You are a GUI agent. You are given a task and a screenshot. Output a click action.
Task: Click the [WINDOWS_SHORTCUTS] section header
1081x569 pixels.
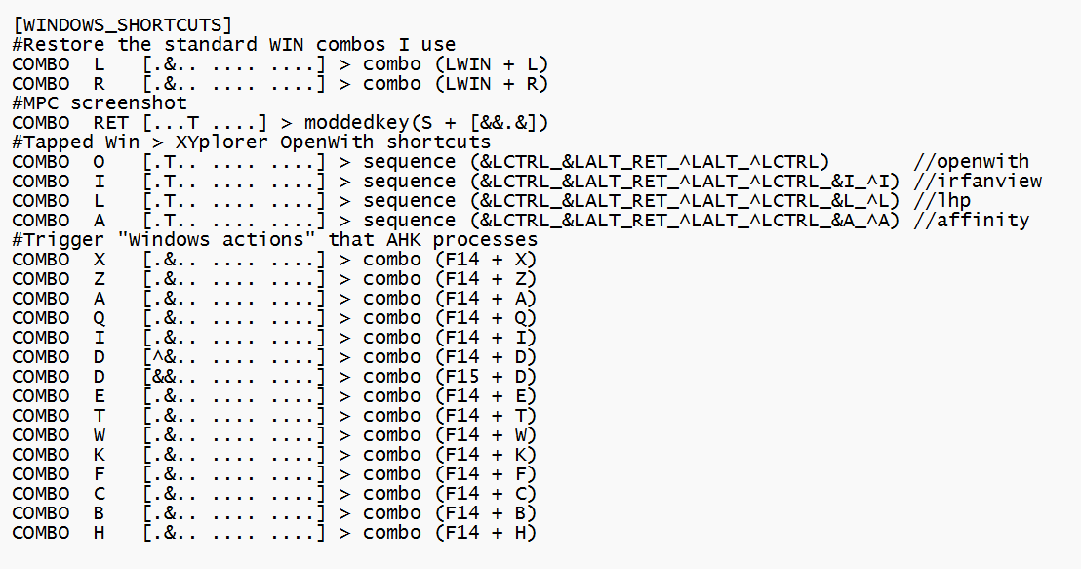pyautogui.click(x=122, y=24)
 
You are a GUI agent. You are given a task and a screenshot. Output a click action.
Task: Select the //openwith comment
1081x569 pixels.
pyautogui.click(x=972, y=162)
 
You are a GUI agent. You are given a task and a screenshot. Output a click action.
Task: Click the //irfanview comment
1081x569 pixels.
pyautogui.click(x=979, y=182)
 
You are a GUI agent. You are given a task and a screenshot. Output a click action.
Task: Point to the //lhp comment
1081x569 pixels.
pyautogui.click(x=942, y=201)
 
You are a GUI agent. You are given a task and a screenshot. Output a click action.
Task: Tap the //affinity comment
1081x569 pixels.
pyautogui.click(x=972, y=221)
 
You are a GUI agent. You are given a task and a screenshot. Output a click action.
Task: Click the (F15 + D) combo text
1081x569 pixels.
pyautogui.click(x=484, y=377)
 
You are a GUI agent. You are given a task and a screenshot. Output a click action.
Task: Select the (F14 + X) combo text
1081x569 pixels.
pyautogui.click(x=484, y=260)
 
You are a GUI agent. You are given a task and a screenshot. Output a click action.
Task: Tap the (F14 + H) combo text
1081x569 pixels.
pyautogui.click(x=484, y=533)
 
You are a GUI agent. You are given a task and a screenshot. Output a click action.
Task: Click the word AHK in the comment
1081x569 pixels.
pyautogui.click(x=404, y=240)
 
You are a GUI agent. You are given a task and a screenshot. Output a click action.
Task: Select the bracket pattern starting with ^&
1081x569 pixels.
pyautogui.click(x=233, y=357)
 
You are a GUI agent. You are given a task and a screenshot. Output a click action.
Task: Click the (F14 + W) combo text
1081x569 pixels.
pyautogui.click(x=484, y=435)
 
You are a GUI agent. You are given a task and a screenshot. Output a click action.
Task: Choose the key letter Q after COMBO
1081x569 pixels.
pyautogui.click(x=100, y=318)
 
